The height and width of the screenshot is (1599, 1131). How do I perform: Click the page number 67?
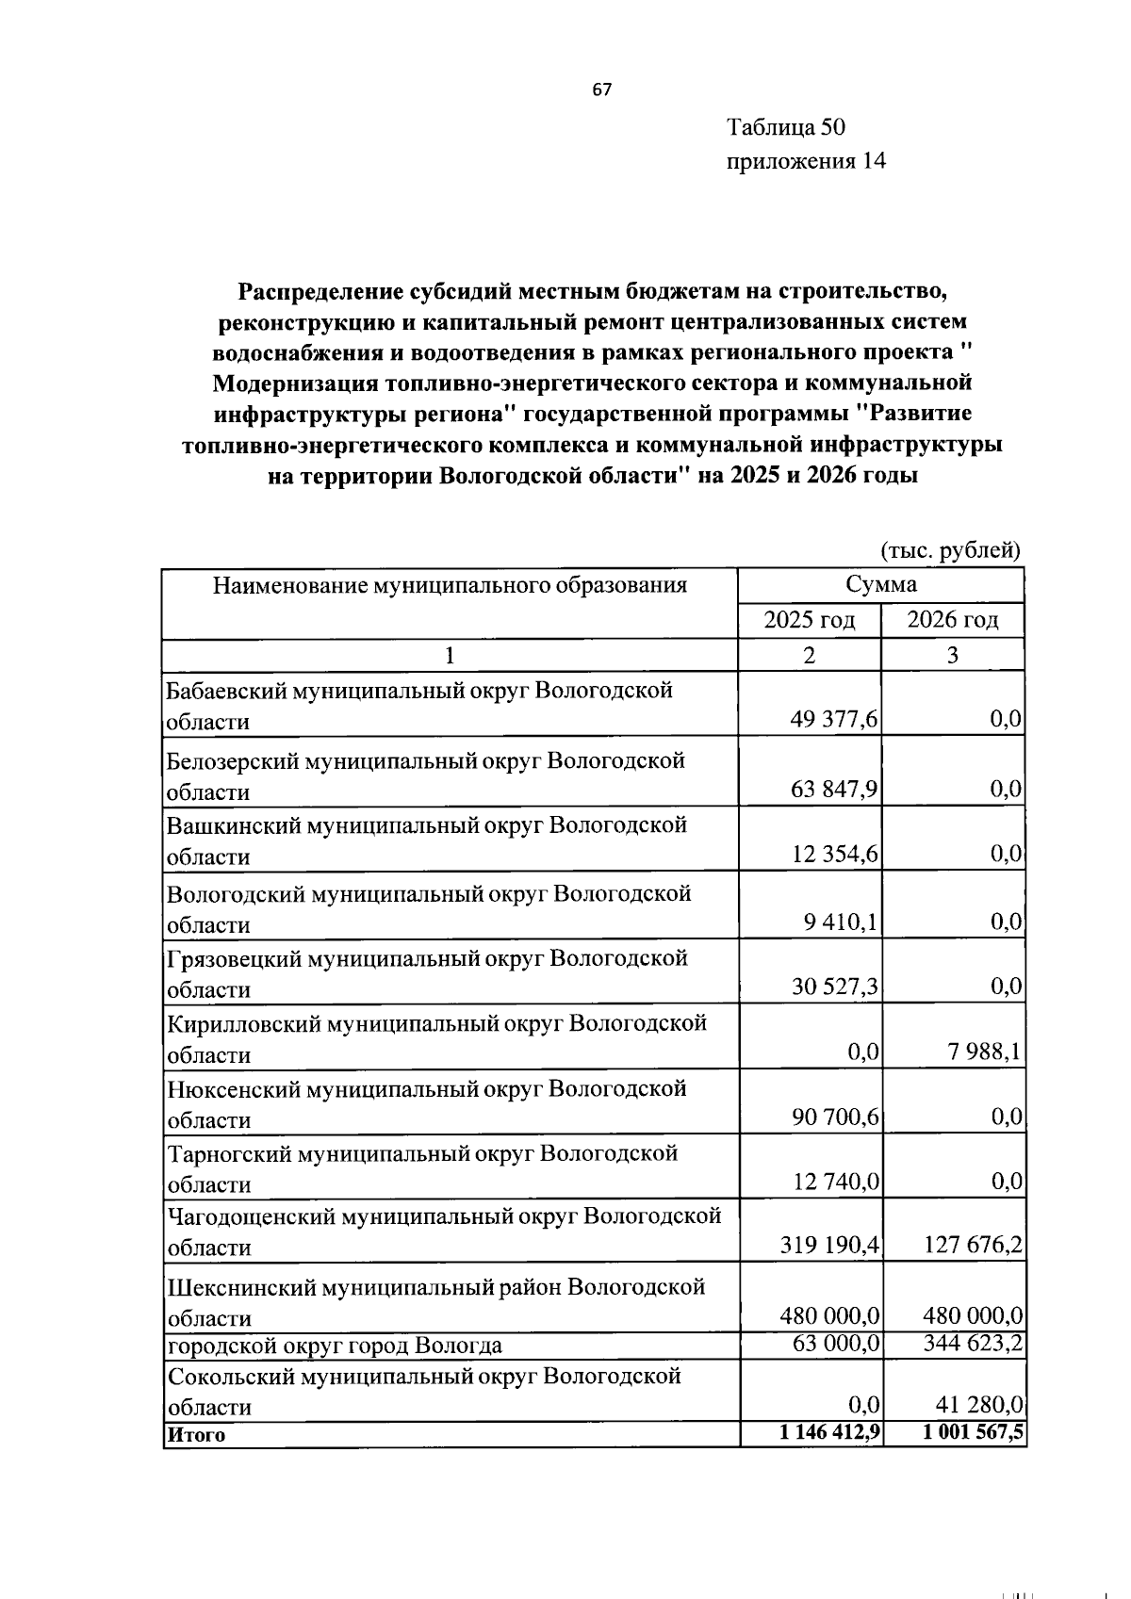(602, 90)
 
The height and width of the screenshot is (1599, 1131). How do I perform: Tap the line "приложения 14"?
(806, 161)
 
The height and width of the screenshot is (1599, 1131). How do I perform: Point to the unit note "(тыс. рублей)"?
(950, 550)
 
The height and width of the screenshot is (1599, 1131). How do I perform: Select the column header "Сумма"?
(880, 584)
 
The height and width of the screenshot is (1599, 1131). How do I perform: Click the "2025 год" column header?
(809, 620)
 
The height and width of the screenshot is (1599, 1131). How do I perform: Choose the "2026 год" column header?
(952, 620)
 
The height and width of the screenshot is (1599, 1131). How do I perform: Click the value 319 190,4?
(829, 1246)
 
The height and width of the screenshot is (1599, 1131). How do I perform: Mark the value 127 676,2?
(973, 1246)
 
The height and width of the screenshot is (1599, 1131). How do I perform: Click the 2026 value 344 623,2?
(973, 1343)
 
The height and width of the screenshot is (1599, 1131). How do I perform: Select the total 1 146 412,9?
(824, 1434)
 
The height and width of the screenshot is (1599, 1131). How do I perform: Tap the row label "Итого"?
(196, 1435)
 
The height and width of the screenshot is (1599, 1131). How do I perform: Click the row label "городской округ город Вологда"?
(335, 1345)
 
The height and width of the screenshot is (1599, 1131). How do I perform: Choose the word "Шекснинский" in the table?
(240, 1287)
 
